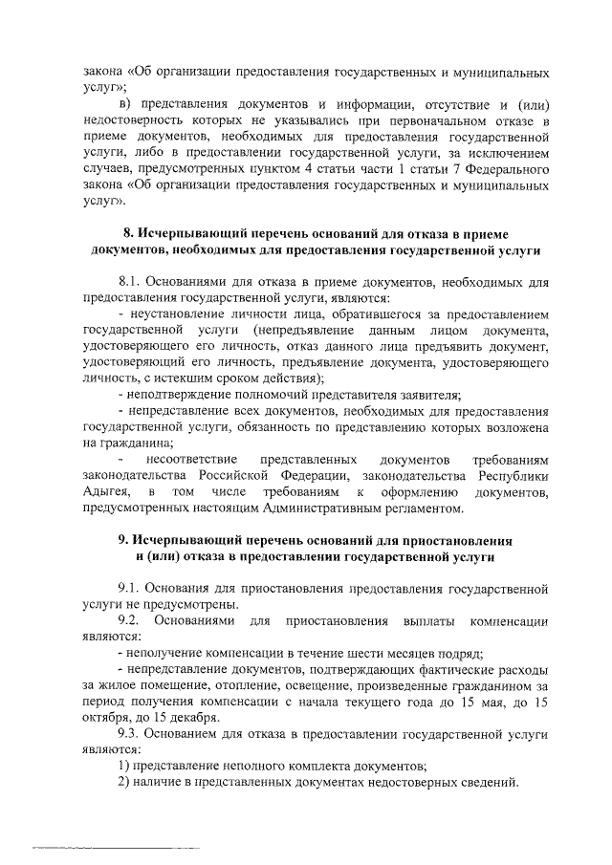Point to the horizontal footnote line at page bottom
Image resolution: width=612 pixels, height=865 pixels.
(115, 847)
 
